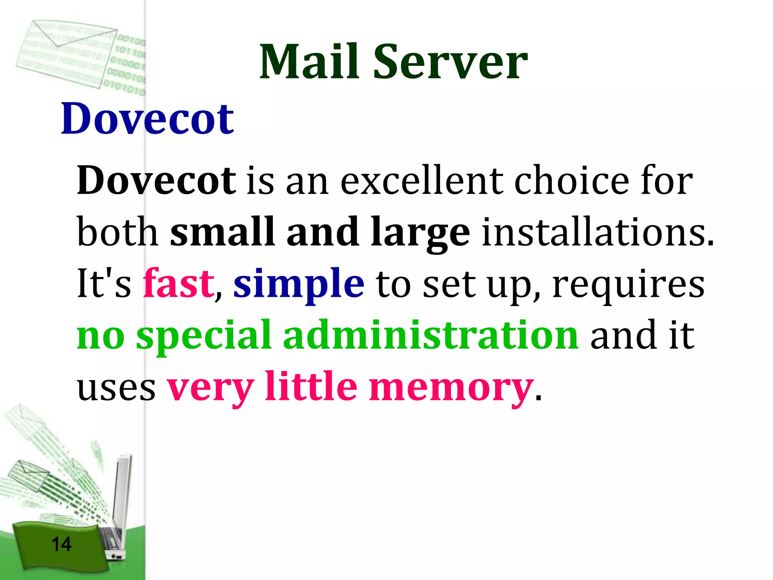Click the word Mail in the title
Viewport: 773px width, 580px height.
click(x=309, y=62)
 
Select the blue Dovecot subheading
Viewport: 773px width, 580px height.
click(x=147, y=119)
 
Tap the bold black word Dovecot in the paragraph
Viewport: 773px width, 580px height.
click(x=156, y=180)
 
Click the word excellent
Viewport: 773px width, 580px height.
click(x=422, y=181)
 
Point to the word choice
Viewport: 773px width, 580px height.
click(x=571, y=181)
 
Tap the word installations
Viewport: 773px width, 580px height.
click(x=597, y=232)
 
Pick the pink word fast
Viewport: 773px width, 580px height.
click(x=179, y=283)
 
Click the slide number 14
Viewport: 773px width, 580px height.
click(x=61, y=544)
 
